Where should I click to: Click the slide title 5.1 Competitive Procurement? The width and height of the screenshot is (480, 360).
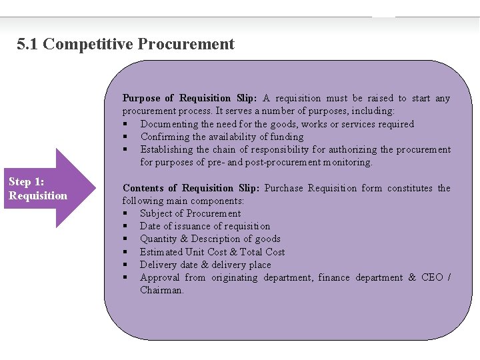(x=126, y=45)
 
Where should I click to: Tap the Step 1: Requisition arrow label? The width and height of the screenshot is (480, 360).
(x=38, y=189)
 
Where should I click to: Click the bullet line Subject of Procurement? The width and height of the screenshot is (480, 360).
(x=190, y=214)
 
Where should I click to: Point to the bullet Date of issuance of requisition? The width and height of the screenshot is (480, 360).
(x=205, y=227)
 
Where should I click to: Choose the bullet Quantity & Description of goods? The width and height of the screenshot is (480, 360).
(x=210, y=239)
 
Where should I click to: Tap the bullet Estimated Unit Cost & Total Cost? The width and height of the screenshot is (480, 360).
(x=212, y=252)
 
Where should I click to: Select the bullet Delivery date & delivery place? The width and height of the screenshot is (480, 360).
(x=205, y=265)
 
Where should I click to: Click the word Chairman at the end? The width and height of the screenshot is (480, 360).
(x=162, y=290)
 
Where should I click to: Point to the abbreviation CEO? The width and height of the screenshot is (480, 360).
(x=432, y=277)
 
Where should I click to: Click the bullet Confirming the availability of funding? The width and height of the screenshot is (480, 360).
(x=222, y=137)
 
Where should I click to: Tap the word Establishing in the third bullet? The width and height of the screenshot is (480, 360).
(x=167, y=150)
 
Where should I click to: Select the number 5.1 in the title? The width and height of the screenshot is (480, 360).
(x=28, y=45)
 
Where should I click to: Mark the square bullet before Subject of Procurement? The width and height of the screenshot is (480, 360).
(x=125, y=214)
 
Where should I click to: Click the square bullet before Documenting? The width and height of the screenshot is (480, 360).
(x=125, y=125)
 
